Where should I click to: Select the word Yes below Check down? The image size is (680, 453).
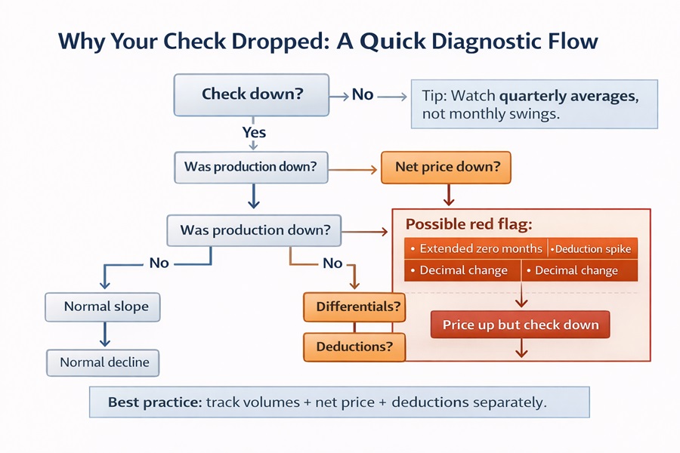(254, 132)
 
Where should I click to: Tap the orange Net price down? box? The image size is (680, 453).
(447, 168)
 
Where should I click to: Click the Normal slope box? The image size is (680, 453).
(106, 307)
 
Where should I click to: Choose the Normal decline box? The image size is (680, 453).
(104, 362)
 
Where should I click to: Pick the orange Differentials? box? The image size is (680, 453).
(354, 307)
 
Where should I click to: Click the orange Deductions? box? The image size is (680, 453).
(354, 347)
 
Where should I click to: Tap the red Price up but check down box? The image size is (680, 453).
(521, 325)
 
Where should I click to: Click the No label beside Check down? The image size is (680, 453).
(363, 94)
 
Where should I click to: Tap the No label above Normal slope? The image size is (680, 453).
(159, 263)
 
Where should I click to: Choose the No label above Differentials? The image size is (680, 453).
(332, 263)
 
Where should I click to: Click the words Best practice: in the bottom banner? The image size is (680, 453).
(154, 402)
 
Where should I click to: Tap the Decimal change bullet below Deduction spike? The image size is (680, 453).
(576, 270)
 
